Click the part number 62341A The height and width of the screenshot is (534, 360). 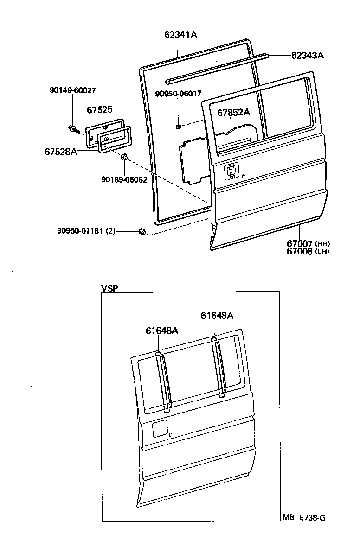180,34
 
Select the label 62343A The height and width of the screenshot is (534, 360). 307,56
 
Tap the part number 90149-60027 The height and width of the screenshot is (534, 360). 72,91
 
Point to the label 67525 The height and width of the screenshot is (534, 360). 99,110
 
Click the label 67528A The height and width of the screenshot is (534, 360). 61,151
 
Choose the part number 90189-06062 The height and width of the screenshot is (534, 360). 124,179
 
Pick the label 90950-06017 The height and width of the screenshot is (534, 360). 178,94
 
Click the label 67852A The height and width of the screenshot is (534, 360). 233,112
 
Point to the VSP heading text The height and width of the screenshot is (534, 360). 109,288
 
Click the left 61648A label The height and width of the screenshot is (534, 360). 162,331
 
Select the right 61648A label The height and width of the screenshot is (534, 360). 217,316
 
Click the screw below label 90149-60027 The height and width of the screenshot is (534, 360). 73,128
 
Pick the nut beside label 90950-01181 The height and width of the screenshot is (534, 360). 142,231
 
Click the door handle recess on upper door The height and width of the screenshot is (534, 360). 231,172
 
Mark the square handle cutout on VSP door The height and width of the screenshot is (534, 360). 160,428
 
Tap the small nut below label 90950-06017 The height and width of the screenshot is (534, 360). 178,126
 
